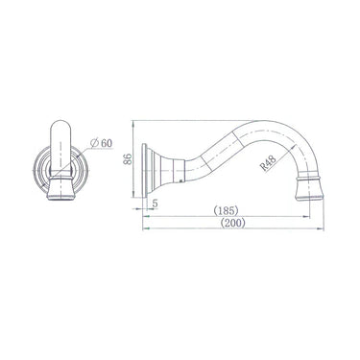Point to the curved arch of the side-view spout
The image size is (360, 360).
point(288,130)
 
